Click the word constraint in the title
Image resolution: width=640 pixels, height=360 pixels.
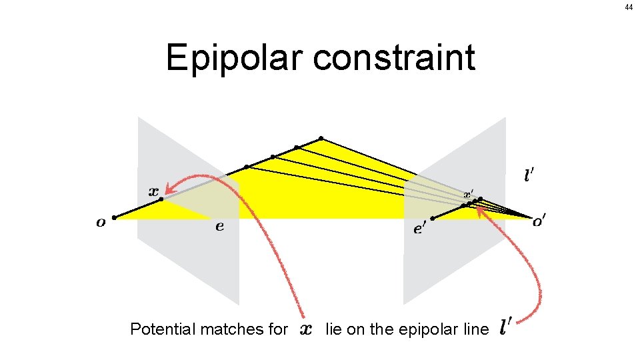(x=394, y=58)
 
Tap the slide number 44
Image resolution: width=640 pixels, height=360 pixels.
(x=629, y=7)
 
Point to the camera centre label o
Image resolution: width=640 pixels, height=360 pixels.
(x=101, y=223)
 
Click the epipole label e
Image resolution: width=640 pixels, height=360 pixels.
(x=219, y=227)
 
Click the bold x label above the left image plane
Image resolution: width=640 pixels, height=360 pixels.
(x=153, y=190)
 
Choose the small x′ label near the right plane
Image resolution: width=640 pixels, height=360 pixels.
(x=469, y=193)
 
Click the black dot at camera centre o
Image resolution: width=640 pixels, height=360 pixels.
(x=115, y=217)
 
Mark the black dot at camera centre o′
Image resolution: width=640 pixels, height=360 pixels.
(x=531, y=217)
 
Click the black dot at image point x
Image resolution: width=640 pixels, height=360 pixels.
(x=161, y=199)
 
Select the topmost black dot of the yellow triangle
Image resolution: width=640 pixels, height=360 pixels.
(x=321, y=139)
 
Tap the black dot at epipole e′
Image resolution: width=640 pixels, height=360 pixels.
(x=433, y=218)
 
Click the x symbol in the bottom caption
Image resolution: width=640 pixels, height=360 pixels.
(x=306, y=329)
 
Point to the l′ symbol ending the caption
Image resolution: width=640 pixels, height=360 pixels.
(x=506, y=327)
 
